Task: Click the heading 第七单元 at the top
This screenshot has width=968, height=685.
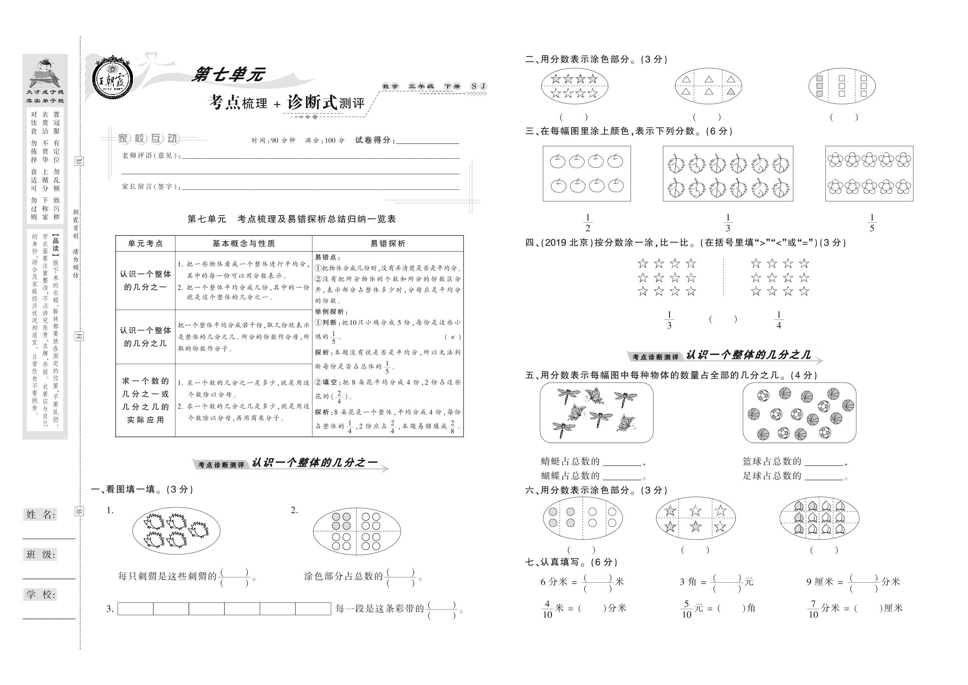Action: pyautogui.click(x=228, y=75)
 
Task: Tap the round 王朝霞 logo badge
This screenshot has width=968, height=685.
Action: pyautogui.click(x=113, y=78)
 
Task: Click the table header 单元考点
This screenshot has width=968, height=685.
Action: pyautogui.click(x=146, y=244)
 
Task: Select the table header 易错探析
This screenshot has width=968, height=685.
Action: pyautogui.click(x=388, y=244)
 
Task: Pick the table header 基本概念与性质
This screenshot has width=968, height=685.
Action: pyautogui.click(x=244, y=244)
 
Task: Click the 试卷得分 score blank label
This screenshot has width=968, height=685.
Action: pyautogui.click(x=375, y=141)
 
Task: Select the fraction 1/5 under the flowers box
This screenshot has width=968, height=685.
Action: pyautogui.click(x=872, y=223)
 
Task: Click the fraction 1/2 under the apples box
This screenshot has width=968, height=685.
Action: pyautogui.click(x=587, y=223)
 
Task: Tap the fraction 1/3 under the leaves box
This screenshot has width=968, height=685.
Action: pyautogui.click(x=728, y=223)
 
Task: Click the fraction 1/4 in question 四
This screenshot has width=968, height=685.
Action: pyautogui.click(x=778, y=320)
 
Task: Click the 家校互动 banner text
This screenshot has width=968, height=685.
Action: pyautogui.click(x=149, y=138)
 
